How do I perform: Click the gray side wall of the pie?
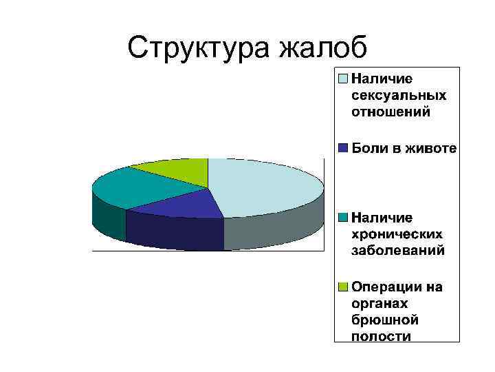[275, 231]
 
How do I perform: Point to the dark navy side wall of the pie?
[175, 231]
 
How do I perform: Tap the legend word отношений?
[391, 112]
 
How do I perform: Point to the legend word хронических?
[397, 234]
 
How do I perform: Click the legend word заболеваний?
[398, 251]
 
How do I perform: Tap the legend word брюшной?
[385, 320]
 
